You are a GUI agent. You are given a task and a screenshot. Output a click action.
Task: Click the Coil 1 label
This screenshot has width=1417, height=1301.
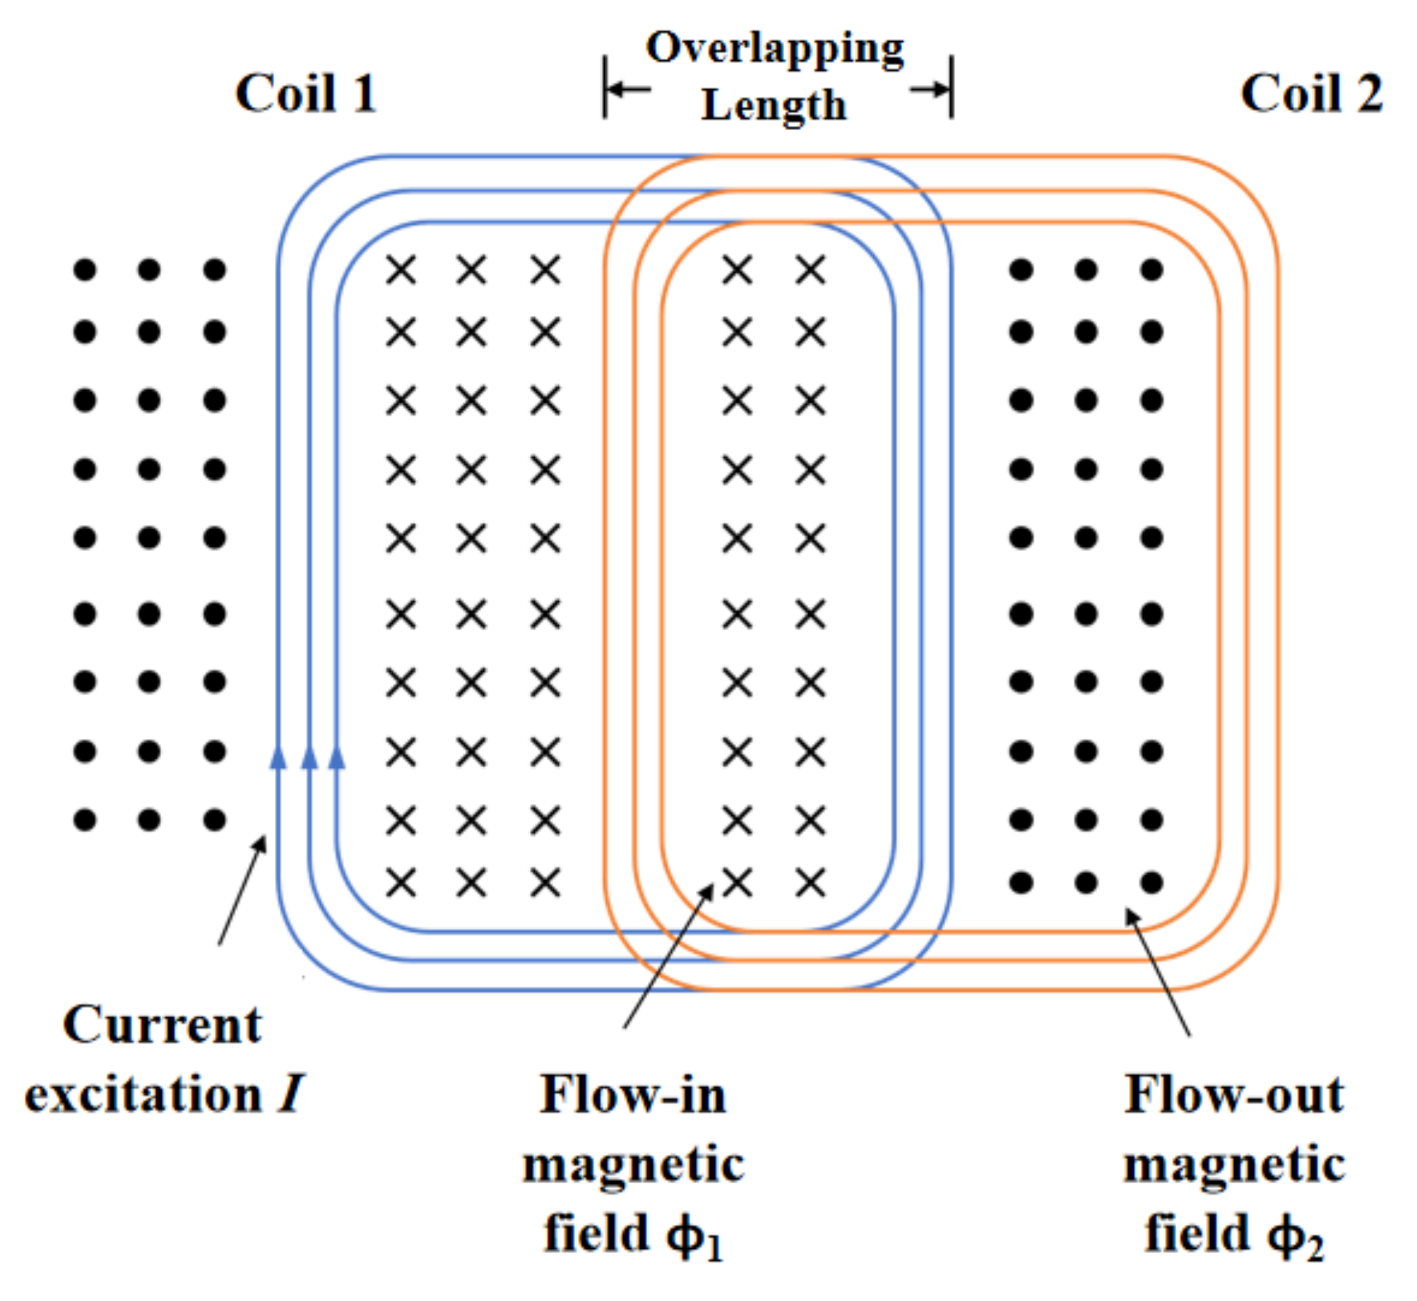click(306, 93)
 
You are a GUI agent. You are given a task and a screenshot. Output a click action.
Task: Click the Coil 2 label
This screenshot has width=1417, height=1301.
click(1311, 93)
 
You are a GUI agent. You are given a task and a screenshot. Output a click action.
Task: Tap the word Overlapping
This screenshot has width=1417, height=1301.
click(775, 48)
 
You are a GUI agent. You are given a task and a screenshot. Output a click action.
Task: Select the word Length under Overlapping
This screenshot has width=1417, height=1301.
click(773, 106)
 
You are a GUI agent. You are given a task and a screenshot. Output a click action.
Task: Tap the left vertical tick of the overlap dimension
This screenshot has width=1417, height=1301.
click(604, 87)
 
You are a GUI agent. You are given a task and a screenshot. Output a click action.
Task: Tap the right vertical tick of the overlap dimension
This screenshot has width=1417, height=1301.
click(952, 87)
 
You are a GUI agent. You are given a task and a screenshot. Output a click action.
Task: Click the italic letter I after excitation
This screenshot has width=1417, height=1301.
click(290, 1095)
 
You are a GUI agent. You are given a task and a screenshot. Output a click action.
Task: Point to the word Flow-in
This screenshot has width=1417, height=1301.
click(632, 1095)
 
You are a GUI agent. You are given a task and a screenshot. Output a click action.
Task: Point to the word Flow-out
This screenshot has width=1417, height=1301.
click(1234, 1095)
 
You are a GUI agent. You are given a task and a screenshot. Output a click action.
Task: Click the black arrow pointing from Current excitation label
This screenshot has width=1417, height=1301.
click(242, 890)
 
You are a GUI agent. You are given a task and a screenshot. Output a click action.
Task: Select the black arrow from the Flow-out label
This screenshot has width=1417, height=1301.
click(1158, 971)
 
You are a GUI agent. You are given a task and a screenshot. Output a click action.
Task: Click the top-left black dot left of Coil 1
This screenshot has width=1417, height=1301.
click(84, 270)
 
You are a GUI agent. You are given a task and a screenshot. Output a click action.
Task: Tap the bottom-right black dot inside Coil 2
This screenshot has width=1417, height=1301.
click(1152, 882)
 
